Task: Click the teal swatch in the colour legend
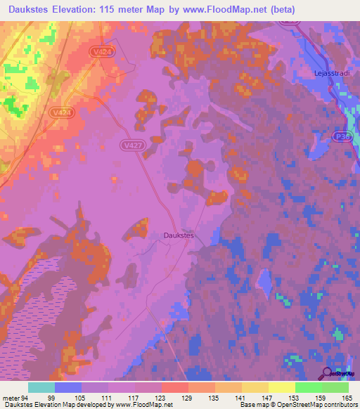tap(41, 387)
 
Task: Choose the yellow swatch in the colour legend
tap(281, 387)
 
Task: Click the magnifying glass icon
tap(328, 375)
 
